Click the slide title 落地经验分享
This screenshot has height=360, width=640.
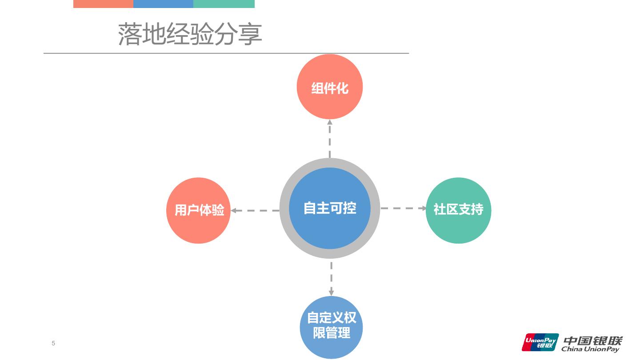click(190, 34)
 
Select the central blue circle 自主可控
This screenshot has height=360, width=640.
click(330, 208)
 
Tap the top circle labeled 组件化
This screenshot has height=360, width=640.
click(330, 87)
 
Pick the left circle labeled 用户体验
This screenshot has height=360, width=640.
click(199, 210)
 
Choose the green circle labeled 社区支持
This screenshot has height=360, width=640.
click(458, 210)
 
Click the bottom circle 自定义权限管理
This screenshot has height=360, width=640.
click(332, 327)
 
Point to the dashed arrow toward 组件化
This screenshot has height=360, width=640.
click(330, 139)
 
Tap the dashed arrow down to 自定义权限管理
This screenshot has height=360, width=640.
click(332, 278)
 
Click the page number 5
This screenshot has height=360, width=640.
click(53, 343)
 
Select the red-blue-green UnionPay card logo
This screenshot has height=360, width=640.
click(540, 342)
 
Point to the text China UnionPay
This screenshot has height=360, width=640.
click(590, 349)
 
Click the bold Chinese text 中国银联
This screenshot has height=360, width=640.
click(593, 340)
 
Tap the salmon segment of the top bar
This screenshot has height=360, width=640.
click(103, 4)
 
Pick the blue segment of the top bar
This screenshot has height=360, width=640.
click(163, 4)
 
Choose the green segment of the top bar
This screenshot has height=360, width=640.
click(224, 4)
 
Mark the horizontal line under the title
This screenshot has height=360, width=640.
click(226, 53)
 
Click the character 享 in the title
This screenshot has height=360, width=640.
click(250, 35)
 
